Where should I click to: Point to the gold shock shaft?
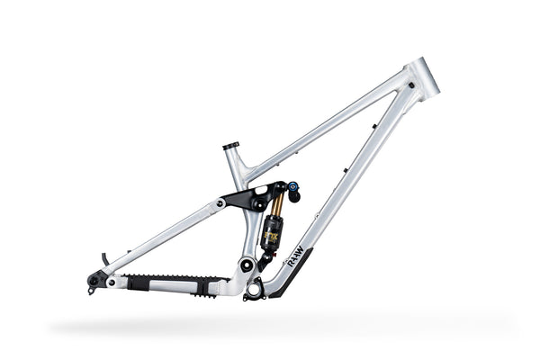click(x=276, y=207)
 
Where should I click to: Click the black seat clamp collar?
click(x=231, y=145)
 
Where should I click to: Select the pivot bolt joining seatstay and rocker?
click(x=220, y=203)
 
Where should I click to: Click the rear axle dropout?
click(x=94, y=281)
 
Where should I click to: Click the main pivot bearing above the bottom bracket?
click(x=246, y=265)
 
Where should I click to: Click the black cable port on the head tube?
click(x=410, y=86)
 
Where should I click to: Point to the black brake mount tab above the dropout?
click(x=105, y=259)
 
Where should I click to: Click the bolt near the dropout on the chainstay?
click(x=112, y=282)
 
